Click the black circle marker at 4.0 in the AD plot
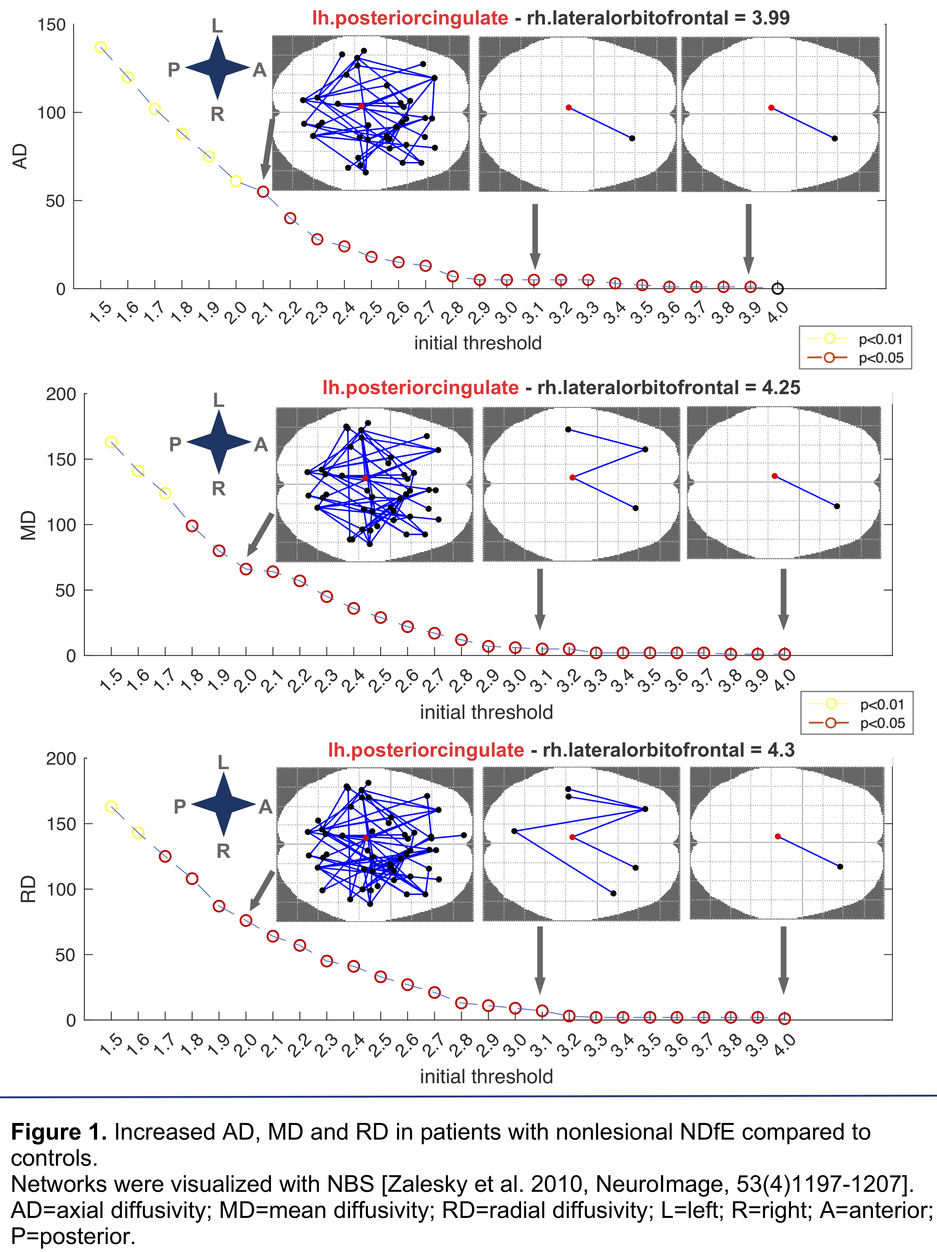[778, 289]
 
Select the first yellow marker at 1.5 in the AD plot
[100, 47]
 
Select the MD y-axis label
[28, 525]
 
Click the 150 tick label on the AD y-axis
[51, 25]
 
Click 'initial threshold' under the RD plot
[486, 1076]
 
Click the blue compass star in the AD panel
[218, 68]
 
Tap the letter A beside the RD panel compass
[265, 807]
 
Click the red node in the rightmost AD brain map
[771, 108]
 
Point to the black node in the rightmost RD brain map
[839, 867]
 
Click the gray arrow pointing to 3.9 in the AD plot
[748, 238]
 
